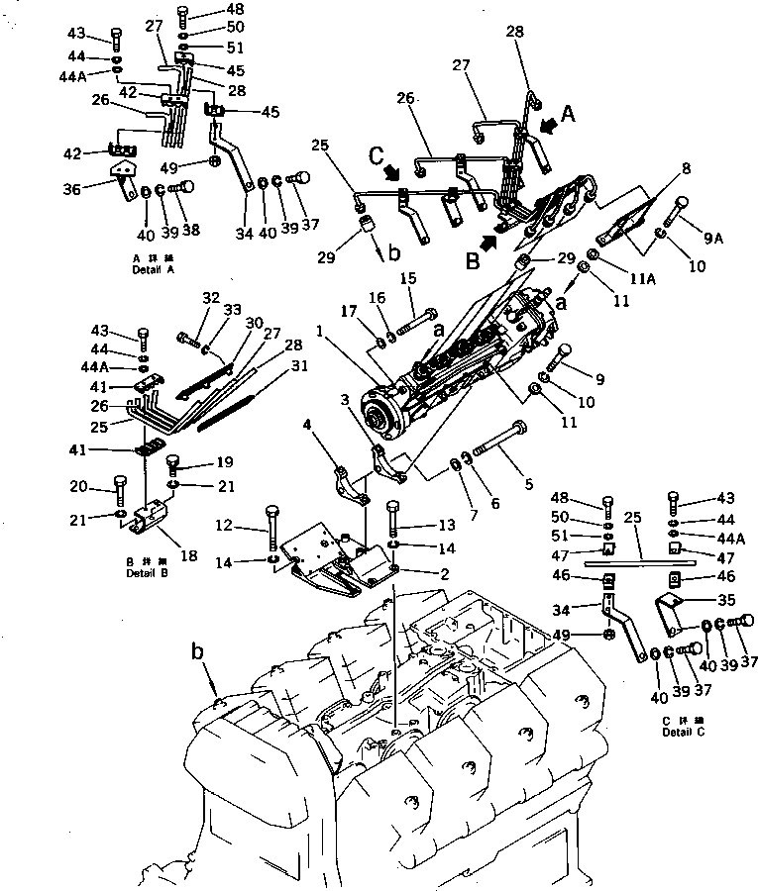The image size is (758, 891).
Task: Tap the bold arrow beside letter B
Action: click(x=487, y=238)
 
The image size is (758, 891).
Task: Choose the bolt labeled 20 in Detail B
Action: click(x=120, y=491)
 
